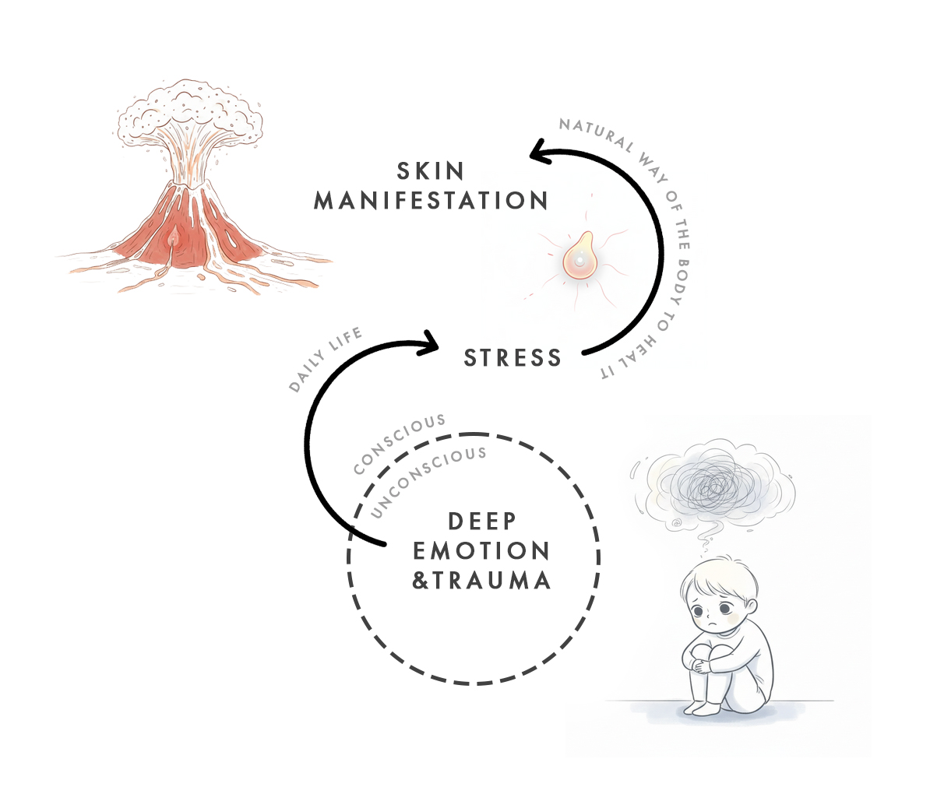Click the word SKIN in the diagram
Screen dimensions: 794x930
431,170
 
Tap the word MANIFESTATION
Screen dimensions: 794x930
431,201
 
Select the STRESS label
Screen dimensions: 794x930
513,358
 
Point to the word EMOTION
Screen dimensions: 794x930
481,551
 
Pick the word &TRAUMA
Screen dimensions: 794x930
481,581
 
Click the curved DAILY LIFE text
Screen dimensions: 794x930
326,360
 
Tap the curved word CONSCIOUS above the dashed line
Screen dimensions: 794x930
399,444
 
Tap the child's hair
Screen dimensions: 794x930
713,572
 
